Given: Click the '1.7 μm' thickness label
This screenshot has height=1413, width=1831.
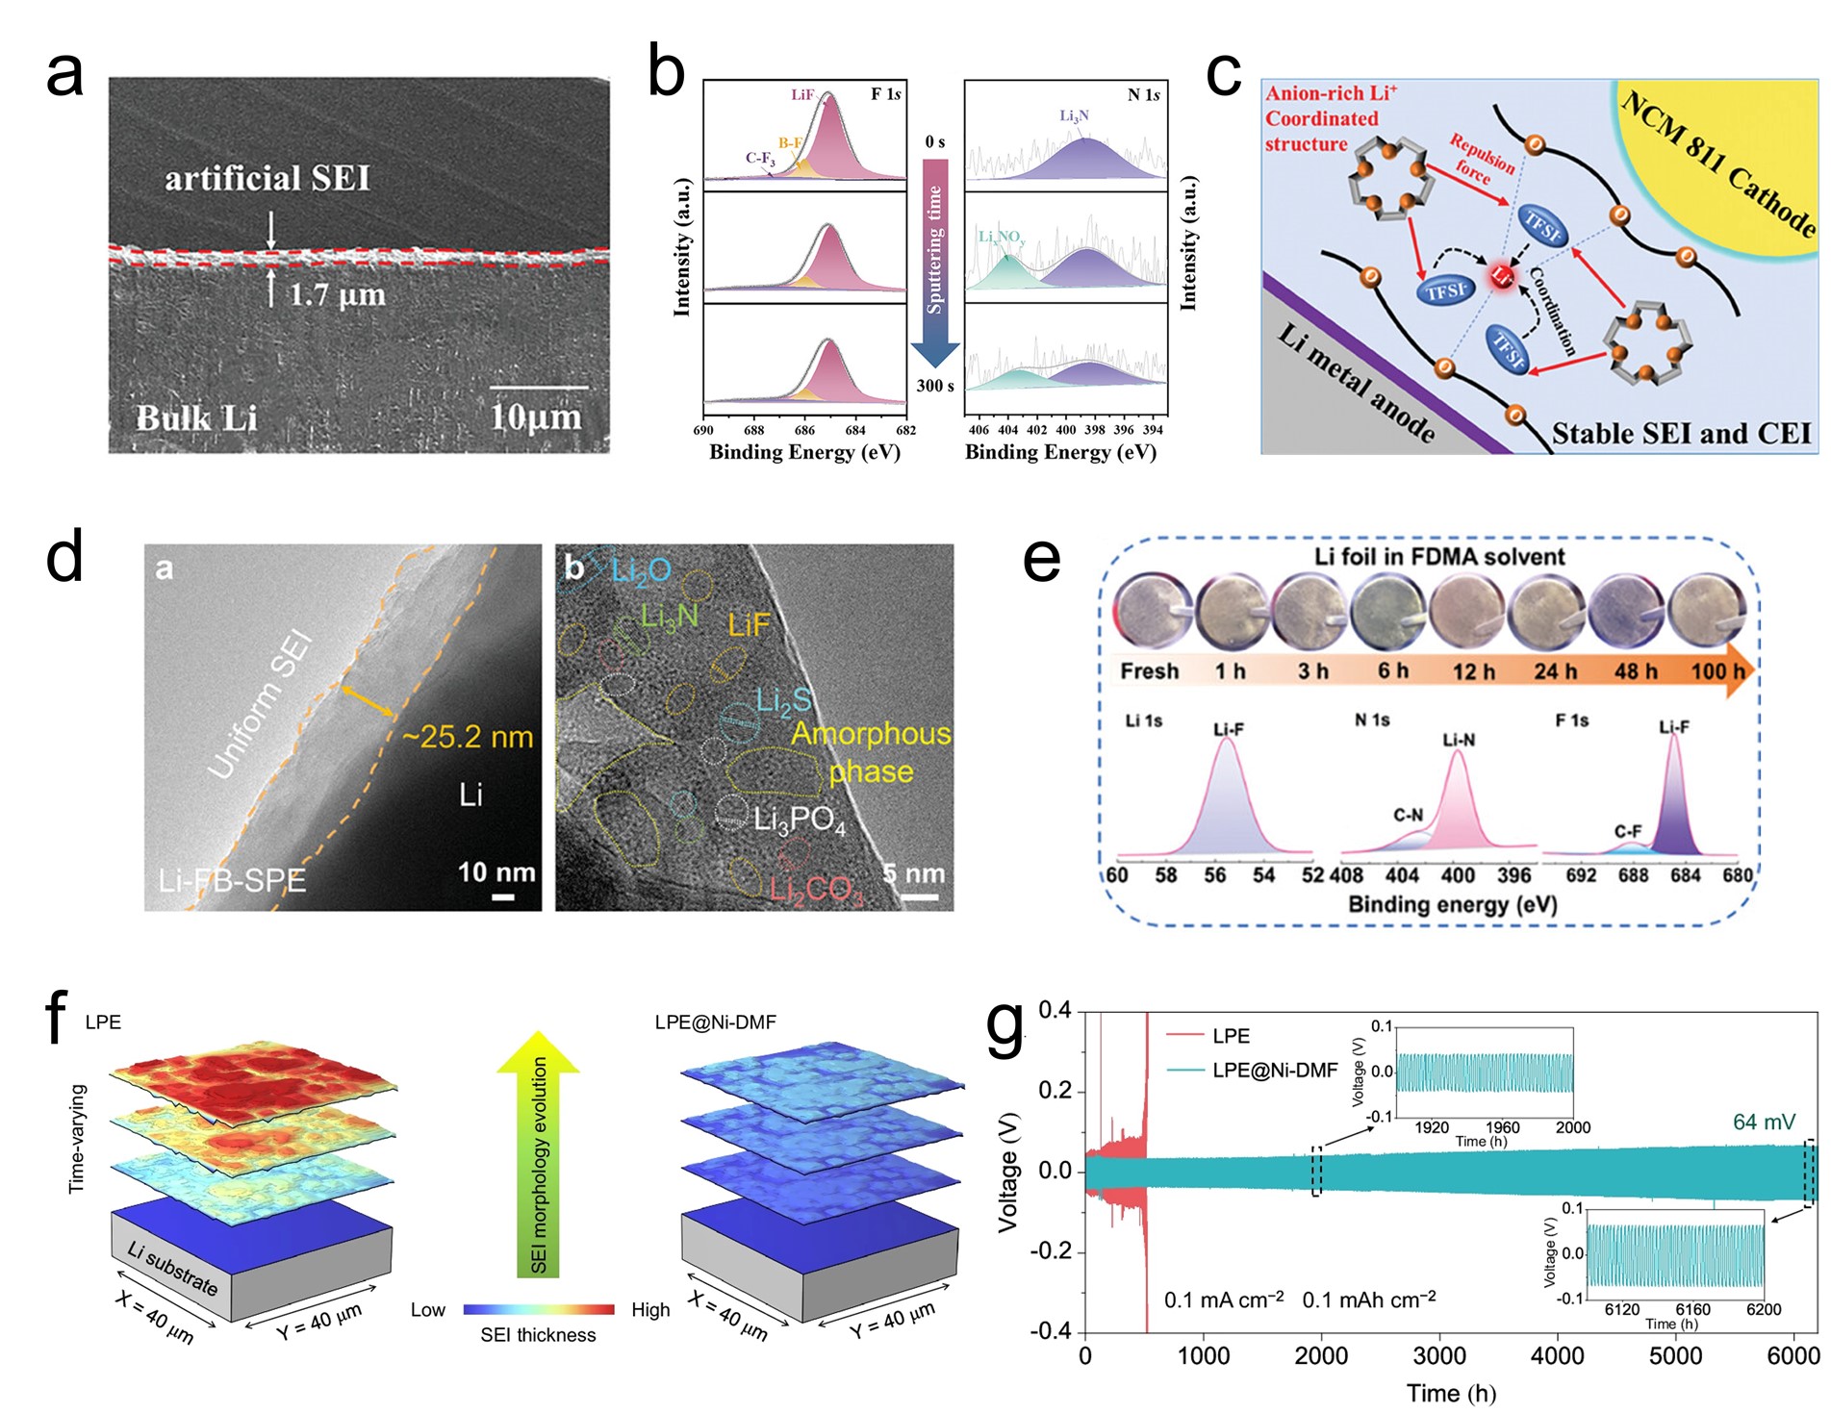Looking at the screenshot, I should click(338, 294).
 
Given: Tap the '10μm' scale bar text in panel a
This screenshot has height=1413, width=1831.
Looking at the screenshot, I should click(536, 417).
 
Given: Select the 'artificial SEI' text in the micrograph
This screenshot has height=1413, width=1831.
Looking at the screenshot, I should click(267, 179).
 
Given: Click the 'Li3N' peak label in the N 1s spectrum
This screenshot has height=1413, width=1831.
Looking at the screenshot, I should click(1074, 116).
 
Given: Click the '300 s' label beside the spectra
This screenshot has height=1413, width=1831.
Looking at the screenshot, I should click(935, 386).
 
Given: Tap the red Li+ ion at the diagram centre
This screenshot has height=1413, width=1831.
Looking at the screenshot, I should click(1502, 276).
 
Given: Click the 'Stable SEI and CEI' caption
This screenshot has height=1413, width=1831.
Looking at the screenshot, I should click(1681, 434).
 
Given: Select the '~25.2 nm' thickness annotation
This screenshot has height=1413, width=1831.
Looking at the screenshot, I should click(468, 737).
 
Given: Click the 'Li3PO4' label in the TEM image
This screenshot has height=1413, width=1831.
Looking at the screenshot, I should click(799, 820).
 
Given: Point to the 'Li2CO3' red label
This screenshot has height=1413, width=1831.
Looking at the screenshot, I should click(816, 889).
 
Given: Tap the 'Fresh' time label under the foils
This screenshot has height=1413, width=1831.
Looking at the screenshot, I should click(1149, 670).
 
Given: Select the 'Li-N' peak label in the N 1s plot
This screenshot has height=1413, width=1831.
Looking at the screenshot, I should click(1459, 740).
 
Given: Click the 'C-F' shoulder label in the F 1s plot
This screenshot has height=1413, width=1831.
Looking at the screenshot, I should click(1628, 831).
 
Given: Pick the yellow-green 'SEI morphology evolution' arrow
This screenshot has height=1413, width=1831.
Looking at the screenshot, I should click(539, 1154).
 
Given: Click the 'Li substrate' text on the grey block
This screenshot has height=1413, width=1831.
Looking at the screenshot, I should click(173, 1268).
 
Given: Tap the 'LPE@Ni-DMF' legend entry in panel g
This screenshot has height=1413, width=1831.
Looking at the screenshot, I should click(1274, 1070).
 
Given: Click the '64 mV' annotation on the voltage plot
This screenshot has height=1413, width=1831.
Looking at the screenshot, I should click(1764, 1122).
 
